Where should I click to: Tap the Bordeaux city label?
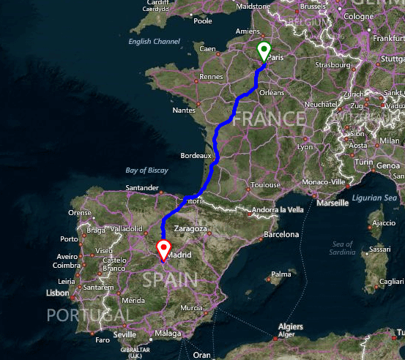[x=196, y=156]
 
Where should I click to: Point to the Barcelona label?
[x=281, y=235]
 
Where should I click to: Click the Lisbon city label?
[x=57, y=293]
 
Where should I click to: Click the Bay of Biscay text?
[x=146, y=170]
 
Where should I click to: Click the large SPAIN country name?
[x=171, y=280]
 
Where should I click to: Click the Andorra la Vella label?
[x=277, y=210]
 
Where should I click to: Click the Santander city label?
[x=142, y=188]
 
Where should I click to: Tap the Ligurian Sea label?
[x=374, y=198]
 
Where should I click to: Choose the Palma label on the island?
[x=281, y=275]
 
